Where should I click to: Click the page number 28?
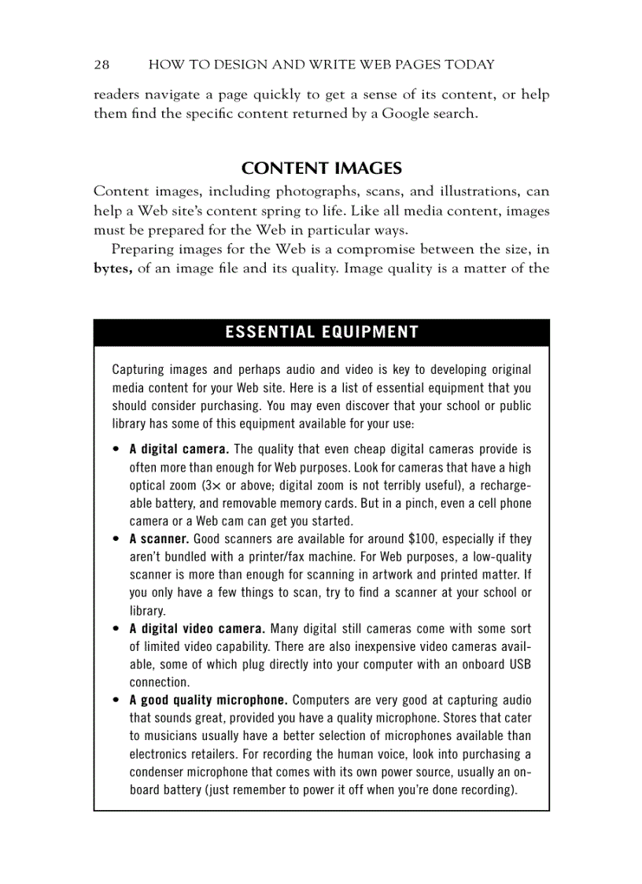101,65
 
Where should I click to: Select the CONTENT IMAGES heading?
321,168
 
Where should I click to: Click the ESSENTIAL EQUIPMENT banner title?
321,332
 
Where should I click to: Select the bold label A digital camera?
179,450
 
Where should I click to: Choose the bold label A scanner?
159,539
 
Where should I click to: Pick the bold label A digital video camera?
197,629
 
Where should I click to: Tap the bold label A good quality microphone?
208,700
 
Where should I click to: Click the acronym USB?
520,664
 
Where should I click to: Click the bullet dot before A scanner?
116,540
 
